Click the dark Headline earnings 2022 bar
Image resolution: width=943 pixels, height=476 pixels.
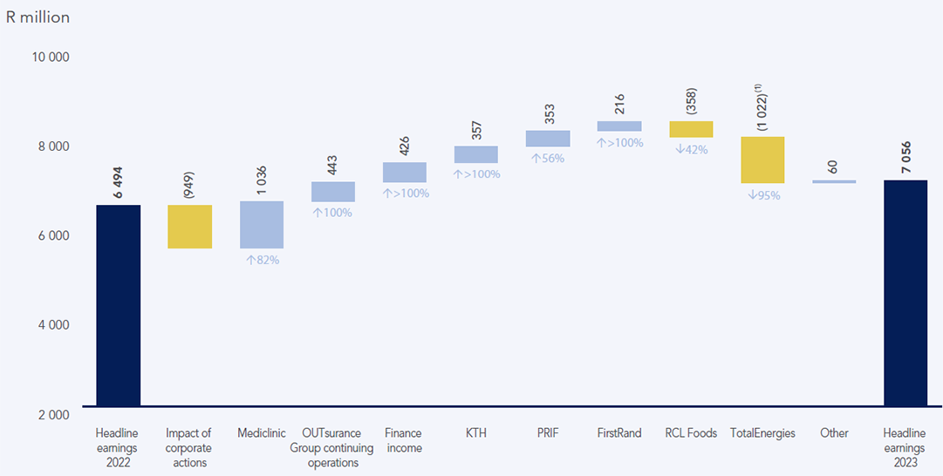click(x=118, y=305)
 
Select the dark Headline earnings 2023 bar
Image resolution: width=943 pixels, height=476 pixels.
click(x=905, y=293)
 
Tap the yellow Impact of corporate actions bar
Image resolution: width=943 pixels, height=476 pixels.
click(x=189, y=227)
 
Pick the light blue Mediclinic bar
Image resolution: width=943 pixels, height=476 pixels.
click(x=262, y=225)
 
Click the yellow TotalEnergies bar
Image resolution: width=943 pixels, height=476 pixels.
click(x=762, y=160)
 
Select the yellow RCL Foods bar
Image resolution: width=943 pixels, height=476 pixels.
click(x=691, y=129)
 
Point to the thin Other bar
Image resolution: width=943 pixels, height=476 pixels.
click(x=834, y=181)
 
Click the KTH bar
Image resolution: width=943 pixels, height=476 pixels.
click(x=475, y=154)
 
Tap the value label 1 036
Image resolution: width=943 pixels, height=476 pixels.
click(x=262, y=180)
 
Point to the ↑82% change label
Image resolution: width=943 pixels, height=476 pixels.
click(x=262, y=260)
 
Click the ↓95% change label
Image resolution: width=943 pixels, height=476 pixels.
click(x=763, y=195)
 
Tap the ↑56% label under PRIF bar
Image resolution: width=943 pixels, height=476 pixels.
click(x=547, y=159)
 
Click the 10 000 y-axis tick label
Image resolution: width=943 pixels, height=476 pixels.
click(x=51, y=58)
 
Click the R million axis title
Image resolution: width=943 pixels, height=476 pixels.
click(x=38, y=17)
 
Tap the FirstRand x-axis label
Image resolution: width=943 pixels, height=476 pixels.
click(x=619, y=433)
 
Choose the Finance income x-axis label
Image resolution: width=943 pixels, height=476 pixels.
click(x=403, y=440)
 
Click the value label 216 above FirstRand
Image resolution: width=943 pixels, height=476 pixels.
click(x=619, y=105)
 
